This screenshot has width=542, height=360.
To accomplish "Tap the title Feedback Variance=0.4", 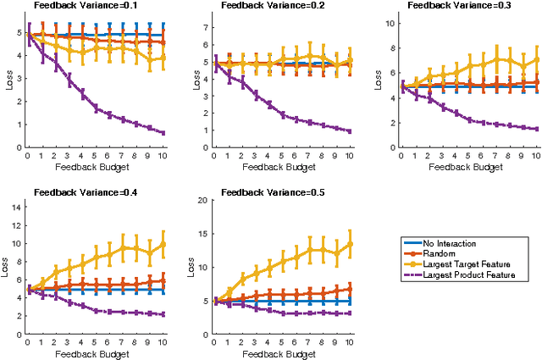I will click(x=89, y=192).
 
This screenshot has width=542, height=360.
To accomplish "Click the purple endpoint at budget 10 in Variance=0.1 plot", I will click(x=163, y=133).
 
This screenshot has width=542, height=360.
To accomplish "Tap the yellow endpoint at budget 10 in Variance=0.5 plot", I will click(x=351, y=243).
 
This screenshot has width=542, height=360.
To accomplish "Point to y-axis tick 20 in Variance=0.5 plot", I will click(x=203, y=200).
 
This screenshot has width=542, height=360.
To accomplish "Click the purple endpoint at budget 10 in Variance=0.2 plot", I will click(x=351, y=131).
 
